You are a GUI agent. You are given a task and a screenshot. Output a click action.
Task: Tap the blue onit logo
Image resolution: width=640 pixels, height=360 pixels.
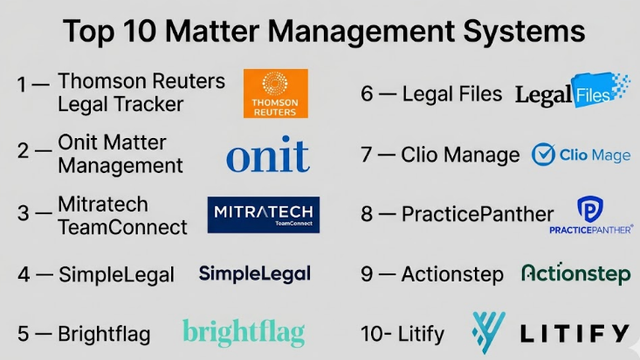[x=267, y=156]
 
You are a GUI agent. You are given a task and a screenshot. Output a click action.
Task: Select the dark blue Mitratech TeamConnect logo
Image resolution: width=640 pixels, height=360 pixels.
[x=264, y=215]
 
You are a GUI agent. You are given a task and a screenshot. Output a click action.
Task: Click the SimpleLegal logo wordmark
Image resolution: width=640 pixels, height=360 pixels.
[x=254, y=274]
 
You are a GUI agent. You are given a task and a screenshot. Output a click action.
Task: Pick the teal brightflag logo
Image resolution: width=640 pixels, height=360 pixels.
[x=244, y=332]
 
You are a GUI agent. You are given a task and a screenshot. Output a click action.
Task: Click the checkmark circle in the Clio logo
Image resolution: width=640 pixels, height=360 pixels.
[x=544, y=155]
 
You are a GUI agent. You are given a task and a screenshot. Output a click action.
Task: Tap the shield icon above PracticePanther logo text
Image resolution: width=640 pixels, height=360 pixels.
[x=590, y=208]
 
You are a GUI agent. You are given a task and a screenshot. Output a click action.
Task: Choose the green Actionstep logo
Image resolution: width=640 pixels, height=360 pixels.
[x=575, y=274]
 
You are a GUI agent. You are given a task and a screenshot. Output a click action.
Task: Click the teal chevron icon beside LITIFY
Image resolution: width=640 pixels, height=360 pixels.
[x=489, y=333]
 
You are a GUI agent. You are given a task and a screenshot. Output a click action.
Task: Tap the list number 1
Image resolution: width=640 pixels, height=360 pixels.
[x=22, y=85]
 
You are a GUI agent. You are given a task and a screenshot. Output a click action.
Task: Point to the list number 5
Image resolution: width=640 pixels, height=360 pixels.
[x=24, y=334]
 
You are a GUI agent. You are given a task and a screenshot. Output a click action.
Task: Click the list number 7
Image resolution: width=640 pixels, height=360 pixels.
[x=367, y=156]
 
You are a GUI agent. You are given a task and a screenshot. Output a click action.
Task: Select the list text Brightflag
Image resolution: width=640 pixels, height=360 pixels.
[x=104, y=334]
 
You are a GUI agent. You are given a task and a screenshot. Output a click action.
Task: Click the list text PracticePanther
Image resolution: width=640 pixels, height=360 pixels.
[x=478, y=214]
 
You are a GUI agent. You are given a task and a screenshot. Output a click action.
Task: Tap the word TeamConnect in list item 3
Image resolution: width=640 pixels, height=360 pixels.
[x=122, y=227]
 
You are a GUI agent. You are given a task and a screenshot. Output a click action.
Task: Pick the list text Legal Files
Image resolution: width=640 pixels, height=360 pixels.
[x=452, y=94]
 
